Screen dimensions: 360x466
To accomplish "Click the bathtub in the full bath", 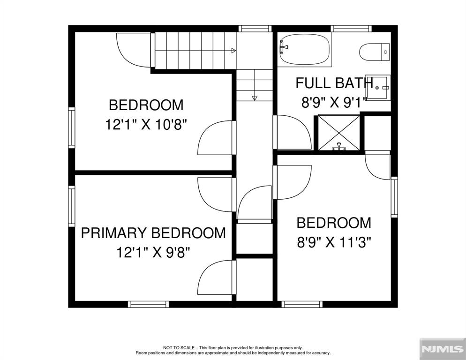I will [x=305, y=49].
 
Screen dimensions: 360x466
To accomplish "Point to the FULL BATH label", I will [x=334, y=83].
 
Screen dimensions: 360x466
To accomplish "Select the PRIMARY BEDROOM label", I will [x=153, y=233].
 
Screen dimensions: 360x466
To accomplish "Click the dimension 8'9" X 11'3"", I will [x=334, y=242].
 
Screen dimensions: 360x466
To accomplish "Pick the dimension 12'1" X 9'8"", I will [x=153, y=253].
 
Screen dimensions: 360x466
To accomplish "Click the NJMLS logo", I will [x=442, y=349].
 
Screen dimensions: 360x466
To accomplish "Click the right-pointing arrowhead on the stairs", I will [x=233, y=51].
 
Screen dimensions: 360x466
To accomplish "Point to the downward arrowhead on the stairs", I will [x=255, y=98].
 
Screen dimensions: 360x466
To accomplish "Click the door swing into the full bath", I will [x=293, y=132].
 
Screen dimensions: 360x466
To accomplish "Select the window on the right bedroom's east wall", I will [x=394, y=197].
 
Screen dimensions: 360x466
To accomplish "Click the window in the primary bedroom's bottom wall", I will [x=148, y=304].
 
